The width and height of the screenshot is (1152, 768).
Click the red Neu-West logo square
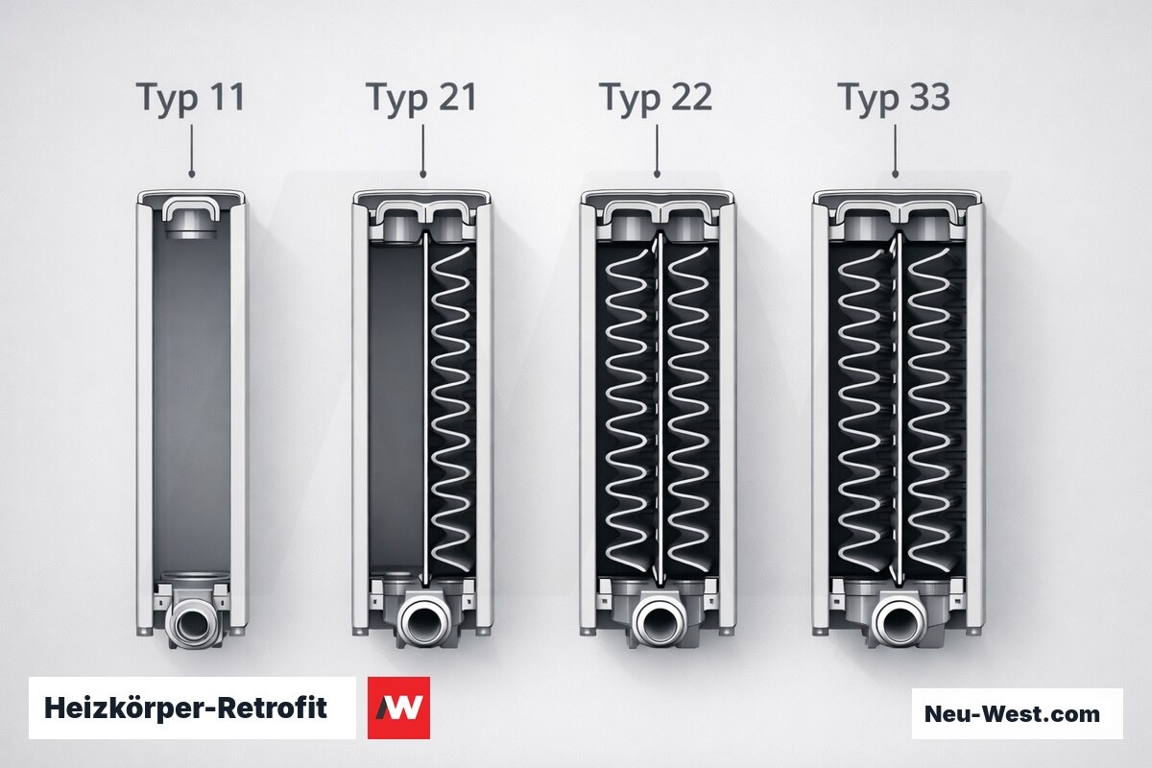pos(398,708)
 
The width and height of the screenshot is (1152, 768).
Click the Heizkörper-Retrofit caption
pos(185,708)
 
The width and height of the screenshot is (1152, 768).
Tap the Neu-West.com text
pos(1012,713)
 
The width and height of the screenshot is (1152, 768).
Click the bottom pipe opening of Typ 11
pos(192,623)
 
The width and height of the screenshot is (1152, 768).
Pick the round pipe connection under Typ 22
pos(660,621)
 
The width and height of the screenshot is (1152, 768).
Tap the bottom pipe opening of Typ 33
pos(899,621)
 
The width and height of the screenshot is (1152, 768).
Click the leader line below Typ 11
pos(192,151)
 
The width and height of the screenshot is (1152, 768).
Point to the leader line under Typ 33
pos(896,151)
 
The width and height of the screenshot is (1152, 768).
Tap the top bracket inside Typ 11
pos(190,211)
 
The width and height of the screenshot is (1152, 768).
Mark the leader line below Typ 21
pos(422,151)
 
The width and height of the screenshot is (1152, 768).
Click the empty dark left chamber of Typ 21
pos(396,406)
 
